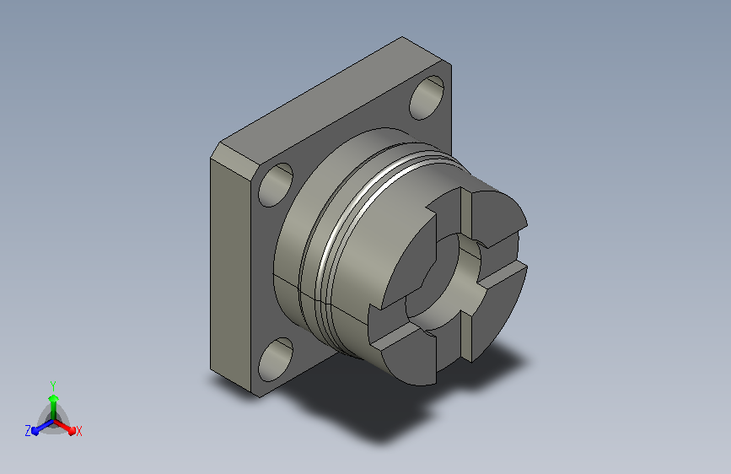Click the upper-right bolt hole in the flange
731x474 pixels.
coord(427,98)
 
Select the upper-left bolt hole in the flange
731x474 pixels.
coord(276,185)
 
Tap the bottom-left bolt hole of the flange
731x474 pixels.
coord(276,359)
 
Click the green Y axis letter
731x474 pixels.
coord(53,385)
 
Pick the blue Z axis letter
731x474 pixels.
coord(28,431)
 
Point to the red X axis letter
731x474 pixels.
coord(78,431)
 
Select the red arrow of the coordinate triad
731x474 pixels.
coord(65,427)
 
